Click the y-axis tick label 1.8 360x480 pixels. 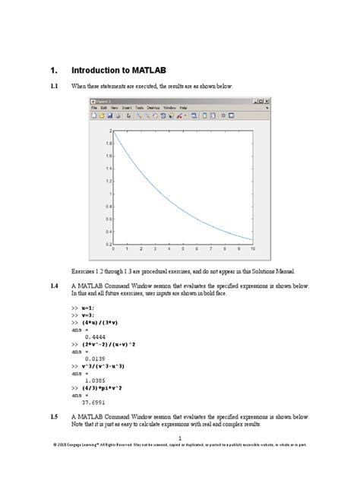coord(109,144)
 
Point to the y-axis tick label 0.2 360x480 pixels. coord(109,244)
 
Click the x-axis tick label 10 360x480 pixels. coord(251,250)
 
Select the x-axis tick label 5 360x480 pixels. coord(182,250)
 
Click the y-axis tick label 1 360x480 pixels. coord(110,194)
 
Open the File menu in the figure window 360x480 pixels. coord(94,108)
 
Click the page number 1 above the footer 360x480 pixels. coord(180,439)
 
